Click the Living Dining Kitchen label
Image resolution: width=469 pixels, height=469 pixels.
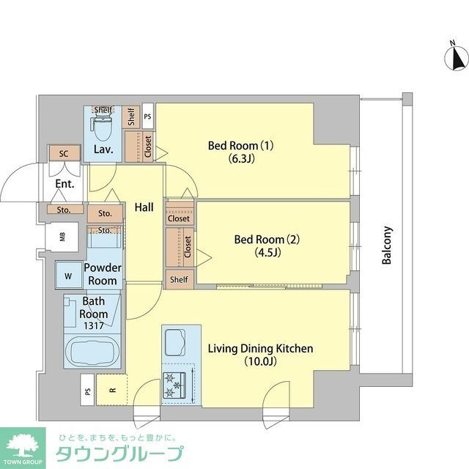point(260,355)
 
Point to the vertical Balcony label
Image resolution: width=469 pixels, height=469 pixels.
point(388,245)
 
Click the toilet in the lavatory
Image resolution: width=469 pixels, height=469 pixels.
point(103,128)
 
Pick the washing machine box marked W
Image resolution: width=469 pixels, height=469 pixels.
point(68,276)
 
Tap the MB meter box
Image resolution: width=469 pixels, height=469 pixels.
point(62,236)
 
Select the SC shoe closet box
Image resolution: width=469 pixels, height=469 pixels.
point(64,154)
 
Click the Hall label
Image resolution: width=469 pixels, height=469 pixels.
point(144,208)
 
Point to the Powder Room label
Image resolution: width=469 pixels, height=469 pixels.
point(102,275)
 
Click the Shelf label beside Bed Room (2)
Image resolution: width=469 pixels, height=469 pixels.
point(179,279)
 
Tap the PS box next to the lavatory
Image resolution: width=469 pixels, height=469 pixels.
point(147,116)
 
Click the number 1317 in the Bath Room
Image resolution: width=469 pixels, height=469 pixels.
point(94,325)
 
